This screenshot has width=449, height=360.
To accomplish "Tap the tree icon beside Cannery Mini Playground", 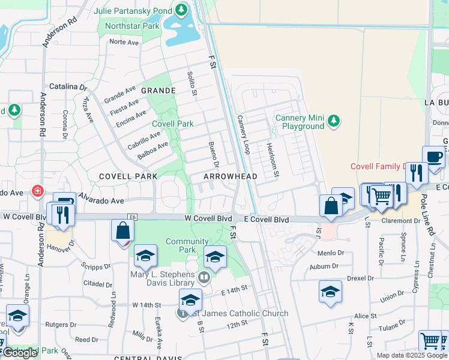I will tap(334, 122).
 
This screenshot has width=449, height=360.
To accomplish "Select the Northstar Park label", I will tap(132, 26).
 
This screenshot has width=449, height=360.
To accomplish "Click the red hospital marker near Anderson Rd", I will tap(38, 191).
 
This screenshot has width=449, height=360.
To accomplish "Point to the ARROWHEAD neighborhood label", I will tap(230, 176).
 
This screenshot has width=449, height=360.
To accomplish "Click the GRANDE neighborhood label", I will tap(158, 91).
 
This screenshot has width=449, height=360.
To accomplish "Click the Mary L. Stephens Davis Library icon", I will tap(204, 277).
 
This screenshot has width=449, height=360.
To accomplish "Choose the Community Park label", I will tap(187, 245).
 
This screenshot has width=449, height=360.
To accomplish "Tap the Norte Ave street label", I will tap(124, 42).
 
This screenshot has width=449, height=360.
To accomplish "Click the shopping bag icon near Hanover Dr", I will tap(122, 231).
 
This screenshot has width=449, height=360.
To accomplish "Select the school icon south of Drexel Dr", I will tap(330, 292).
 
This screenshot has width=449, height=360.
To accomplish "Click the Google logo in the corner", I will tap(20, 353).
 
